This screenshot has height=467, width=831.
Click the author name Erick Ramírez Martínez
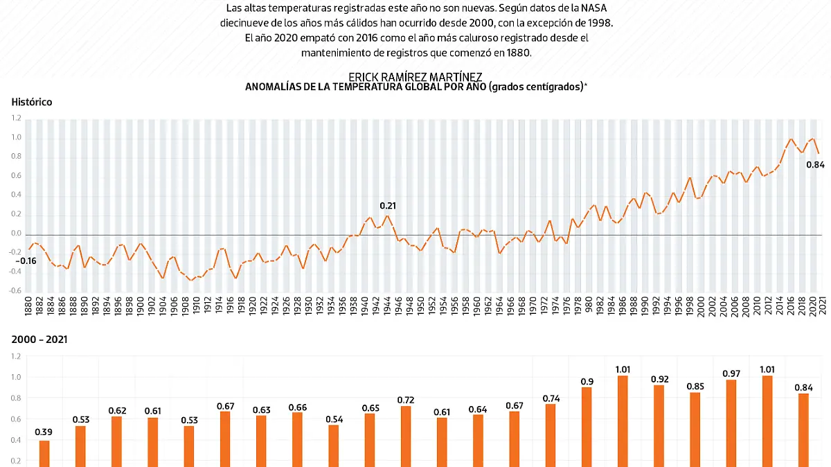click(415, 76)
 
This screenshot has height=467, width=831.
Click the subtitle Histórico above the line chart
click(31, 102)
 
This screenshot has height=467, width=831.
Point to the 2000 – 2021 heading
click(39, 340)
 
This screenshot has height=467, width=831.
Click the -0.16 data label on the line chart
click(26, 261)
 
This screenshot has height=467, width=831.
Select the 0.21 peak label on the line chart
click(388, 206)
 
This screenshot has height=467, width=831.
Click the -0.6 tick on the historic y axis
click(16, 291)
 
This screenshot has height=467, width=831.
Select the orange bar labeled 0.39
click(44, 453)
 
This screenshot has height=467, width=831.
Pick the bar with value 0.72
click(406, 436)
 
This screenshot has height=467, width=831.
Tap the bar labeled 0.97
click(731, 423)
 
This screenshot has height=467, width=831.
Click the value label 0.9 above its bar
click(587, 381)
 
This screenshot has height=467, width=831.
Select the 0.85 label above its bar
click(695, 387)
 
